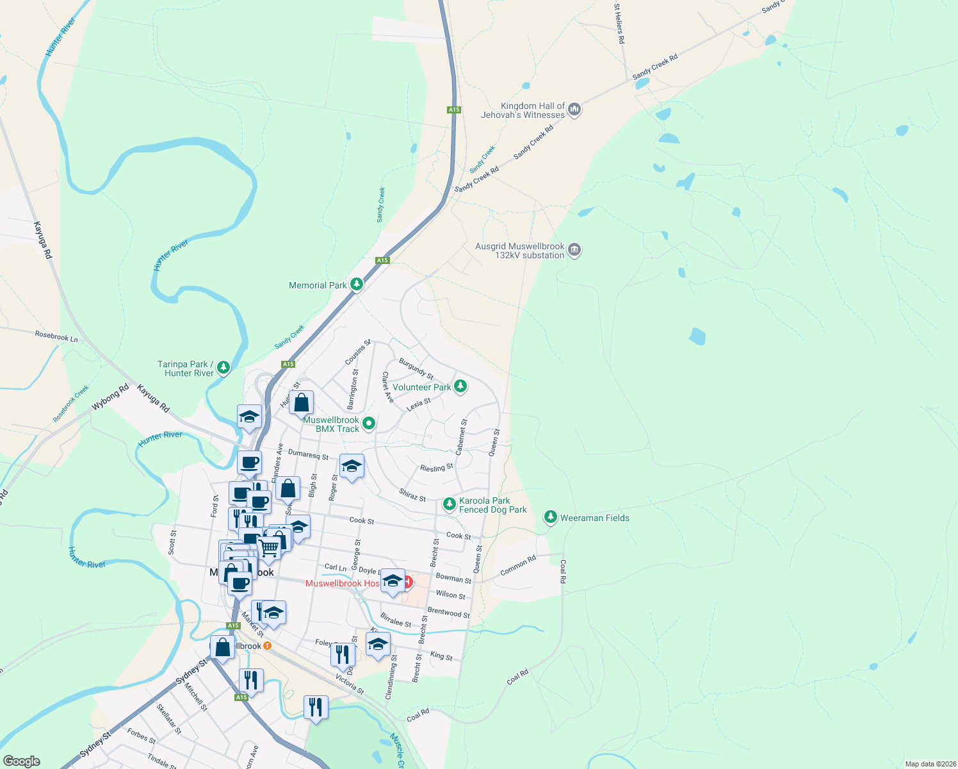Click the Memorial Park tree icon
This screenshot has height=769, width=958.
point(357,284)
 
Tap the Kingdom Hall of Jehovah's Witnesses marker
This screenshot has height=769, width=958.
point(574,110)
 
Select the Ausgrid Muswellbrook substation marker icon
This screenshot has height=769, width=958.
point(574,250)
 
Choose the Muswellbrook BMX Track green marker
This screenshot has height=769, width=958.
point(369,423)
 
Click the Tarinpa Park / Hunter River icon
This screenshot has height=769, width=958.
point(223,367)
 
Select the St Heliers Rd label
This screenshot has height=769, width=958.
point(619,24)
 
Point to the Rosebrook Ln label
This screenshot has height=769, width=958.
point(56,336)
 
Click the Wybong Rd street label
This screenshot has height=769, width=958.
point(110,397)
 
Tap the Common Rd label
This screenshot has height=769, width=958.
point(518,565)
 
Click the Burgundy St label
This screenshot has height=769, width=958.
point(416,368)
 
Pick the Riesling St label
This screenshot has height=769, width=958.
point(437,468)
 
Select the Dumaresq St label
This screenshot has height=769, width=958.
point(308,455)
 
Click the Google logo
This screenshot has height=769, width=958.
point(21,761)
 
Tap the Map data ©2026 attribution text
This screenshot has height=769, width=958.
point(929,764)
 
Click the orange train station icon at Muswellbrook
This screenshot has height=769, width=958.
point(267,645)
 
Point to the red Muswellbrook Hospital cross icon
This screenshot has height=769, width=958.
point(408,583)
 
